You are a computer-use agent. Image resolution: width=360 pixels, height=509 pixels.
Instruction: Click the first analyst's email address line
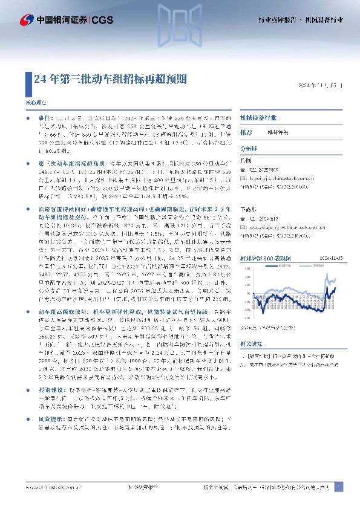tap(279, 179)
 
